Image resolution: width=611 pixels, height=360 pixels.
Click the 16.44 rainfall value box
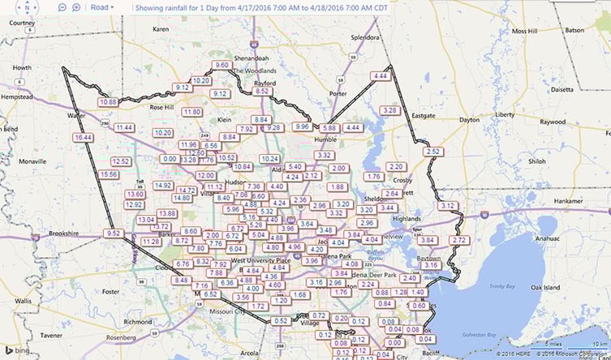[x=83, y=138]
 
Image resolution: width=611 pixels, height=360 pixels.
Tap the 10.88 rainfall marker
[x=108, y=102]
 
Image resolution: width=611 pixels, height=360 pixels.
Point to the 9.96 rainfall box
[x=302, y=126]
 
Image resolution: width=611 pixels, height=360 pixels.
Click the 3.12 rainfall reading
[x=447, y=206]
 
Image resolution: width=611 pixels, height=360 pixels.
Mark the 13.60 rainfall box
[x=136, y=195]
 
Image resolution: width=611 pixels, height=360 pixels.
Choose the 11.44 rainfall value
[x=124, y=127]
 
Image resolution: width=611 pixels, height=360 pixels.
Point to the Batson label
[x=574, y=30]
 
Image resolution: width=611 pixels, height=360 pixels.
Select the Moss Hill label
[x=531, y=31]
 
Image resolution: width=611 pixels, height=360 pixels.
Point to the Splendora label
[x=364, y=37]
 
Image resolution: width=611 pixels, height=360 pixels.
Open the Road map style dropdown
[x=102, y=6]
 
